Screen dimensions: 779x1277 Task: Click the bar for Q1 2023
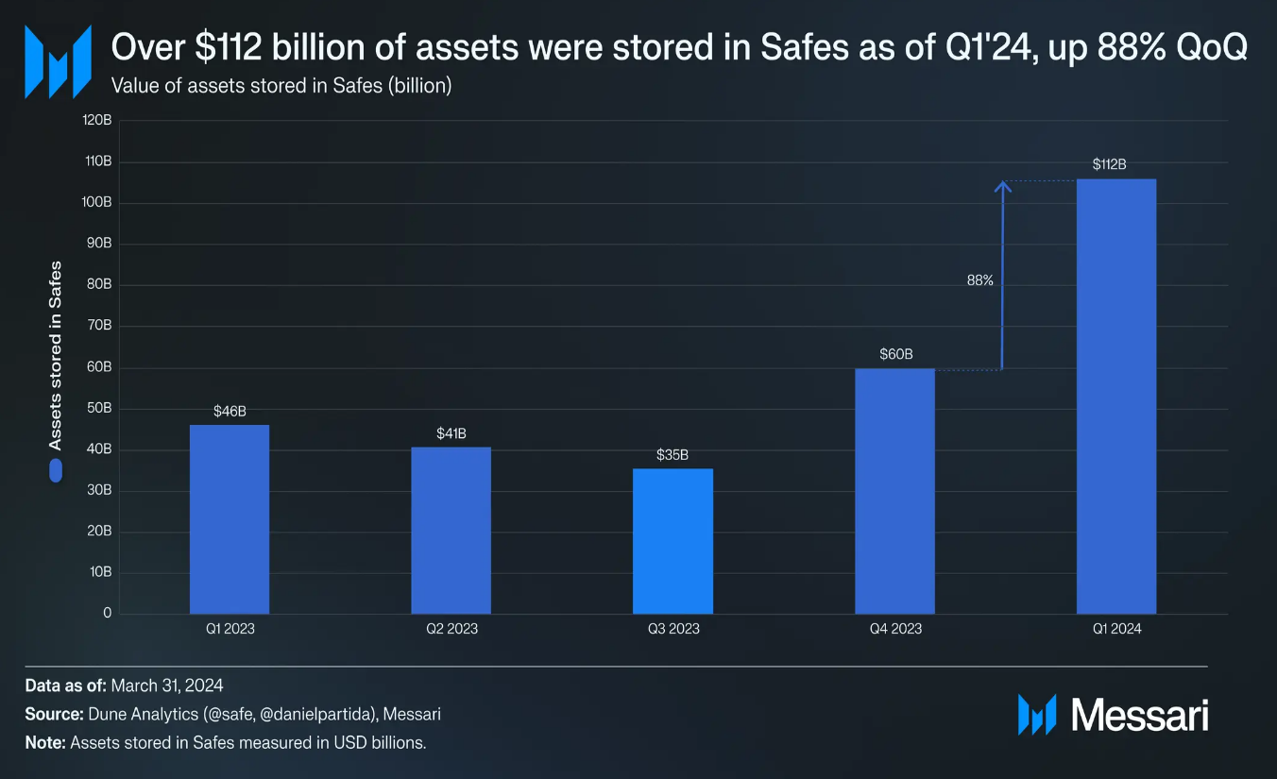230,519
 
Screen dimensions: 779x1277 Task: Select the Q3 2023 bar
673,541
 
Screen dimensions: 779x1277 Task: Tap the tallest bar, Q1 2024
1115,397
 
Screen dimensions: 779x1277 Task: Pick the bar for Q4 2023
894,491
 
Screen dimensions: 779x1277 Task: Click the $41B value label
451,433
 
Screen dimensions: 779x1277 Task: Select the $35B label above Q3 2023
673,455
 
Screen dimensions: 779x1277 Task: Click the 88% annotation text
979,280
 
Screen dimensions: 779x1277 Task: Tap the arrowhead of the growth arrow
1003,187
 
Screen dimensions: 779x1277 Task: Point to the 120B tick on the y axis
96,121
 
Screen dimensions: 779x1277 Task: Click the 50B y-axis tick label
98,409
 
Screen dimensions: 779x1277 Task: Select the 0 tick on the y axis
107,613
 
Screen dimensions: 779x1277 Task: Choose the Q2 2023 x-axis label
451,629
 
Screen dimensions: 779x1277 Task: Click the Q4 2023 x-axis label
894,629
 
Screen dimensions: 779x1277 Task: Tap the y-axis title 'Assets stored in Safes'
56,354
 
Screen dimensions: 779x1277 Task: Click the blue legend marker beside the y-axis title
56,470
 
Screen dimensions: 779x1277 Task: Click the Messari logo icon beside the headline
58,61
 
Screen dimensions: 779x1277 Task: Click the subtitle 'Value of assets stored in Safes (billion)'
281,86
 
